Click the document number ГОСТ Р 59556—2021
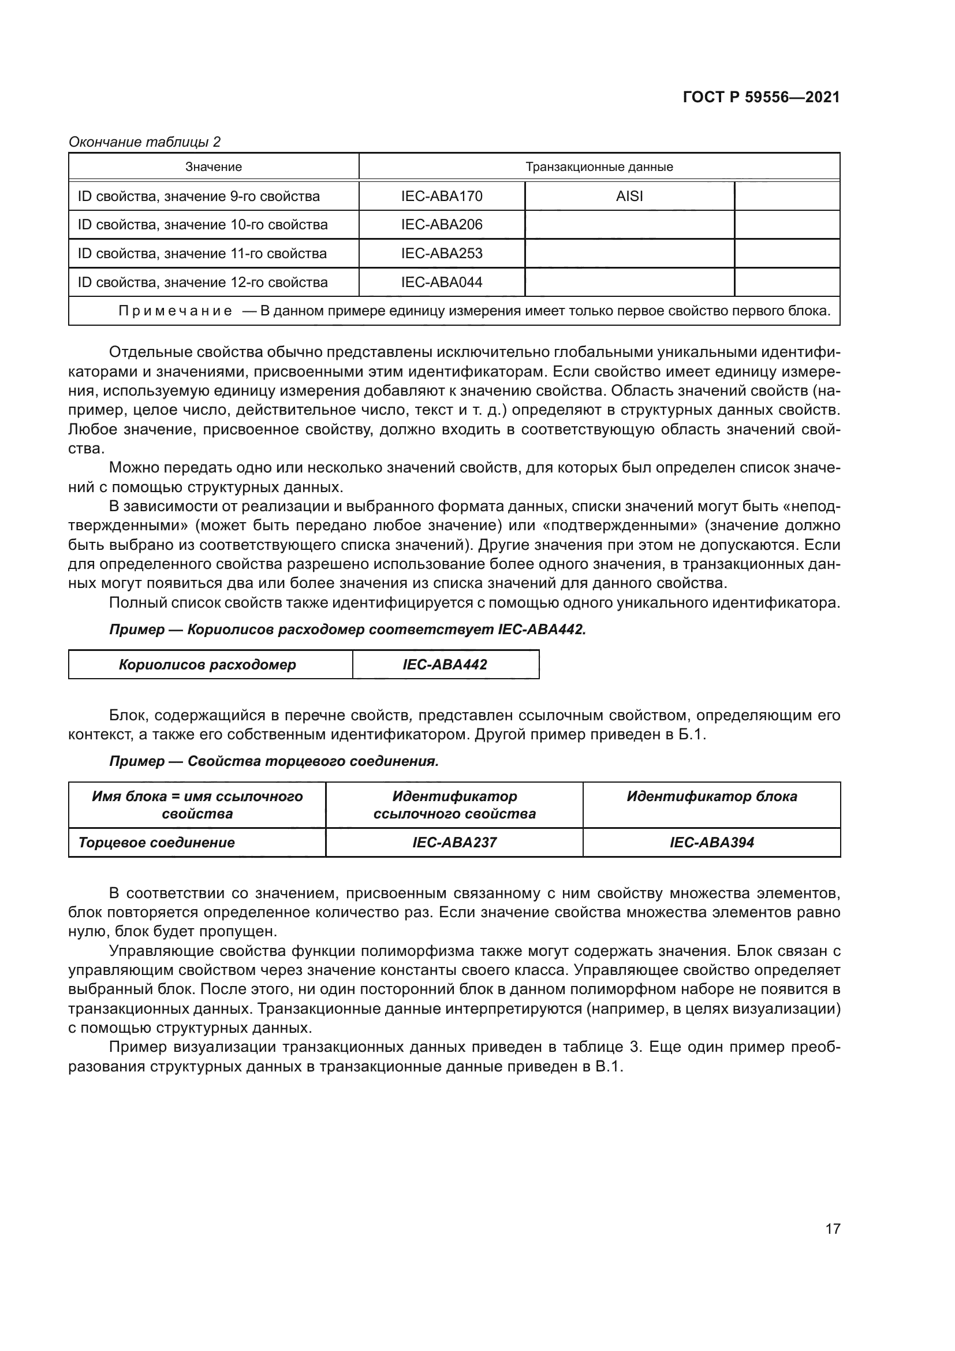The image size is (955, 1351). [x=761, y=97]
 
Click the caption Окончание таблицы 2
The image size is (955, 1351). [x=145, y=142]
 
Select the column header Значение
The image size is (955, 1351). [x=214, y=167]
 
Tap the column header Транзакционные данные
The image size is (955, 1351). [x=599, y=167]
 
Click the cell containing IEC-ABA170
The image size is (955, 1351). [x=442, y=196]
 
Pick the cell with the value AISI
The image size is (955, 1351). [x=629, y=196]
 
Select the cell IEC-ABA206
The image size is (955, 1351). [x=442, y=225]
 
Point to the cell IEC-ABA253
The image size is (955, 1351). [x=442, y=254]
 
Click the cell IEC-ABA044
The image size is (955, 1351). [x=442, y=282]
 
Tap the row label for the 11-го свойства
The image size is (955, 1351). [x=202, y=254]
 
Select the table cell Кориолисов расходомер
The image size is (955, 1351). [x=208, y=665]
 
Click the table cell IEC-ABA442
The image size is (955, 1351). [x=445, y=665]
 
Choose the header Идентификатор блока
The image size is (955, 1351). [x=711, y=797]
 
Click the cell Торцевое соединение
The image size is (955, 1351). [x=156, y=843]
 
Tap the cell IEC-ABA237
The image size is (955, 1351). [x=454, y=843]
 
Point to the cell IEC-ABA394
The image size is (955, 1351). [x=711, y=843]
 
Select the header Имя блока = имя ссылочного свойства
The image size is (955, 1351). [x=197, y=805]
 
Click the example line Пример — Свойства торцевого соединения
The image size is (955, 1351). [x=274, y=761]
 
